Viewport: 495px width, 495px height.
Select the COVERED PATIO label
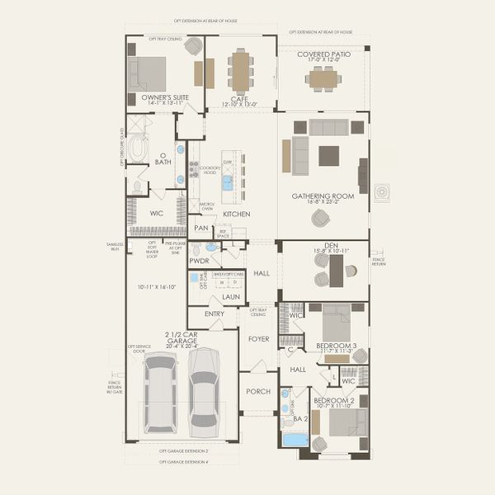(323, 54)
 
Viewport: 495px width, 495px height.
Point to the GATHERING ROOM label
(323, 196)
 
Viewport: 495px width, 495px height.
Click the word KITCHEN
(236, 214)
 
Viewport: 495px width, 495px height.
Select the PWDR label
(199, 260)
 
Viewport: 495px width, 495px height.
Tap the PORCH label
(257, 391)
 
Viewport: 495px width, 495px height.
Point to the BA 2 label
(299, 420)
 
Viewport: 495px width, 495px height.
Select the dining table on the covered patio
(323, 78)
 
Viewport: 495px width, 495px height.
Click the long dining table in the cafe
(240, 72)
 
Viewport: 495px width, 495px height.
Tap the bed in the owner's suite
(148, 74)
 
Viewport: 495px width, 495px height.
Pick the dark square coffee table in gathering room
(328, 155)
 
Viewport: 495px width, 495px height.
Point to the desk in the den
(335, 270)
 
